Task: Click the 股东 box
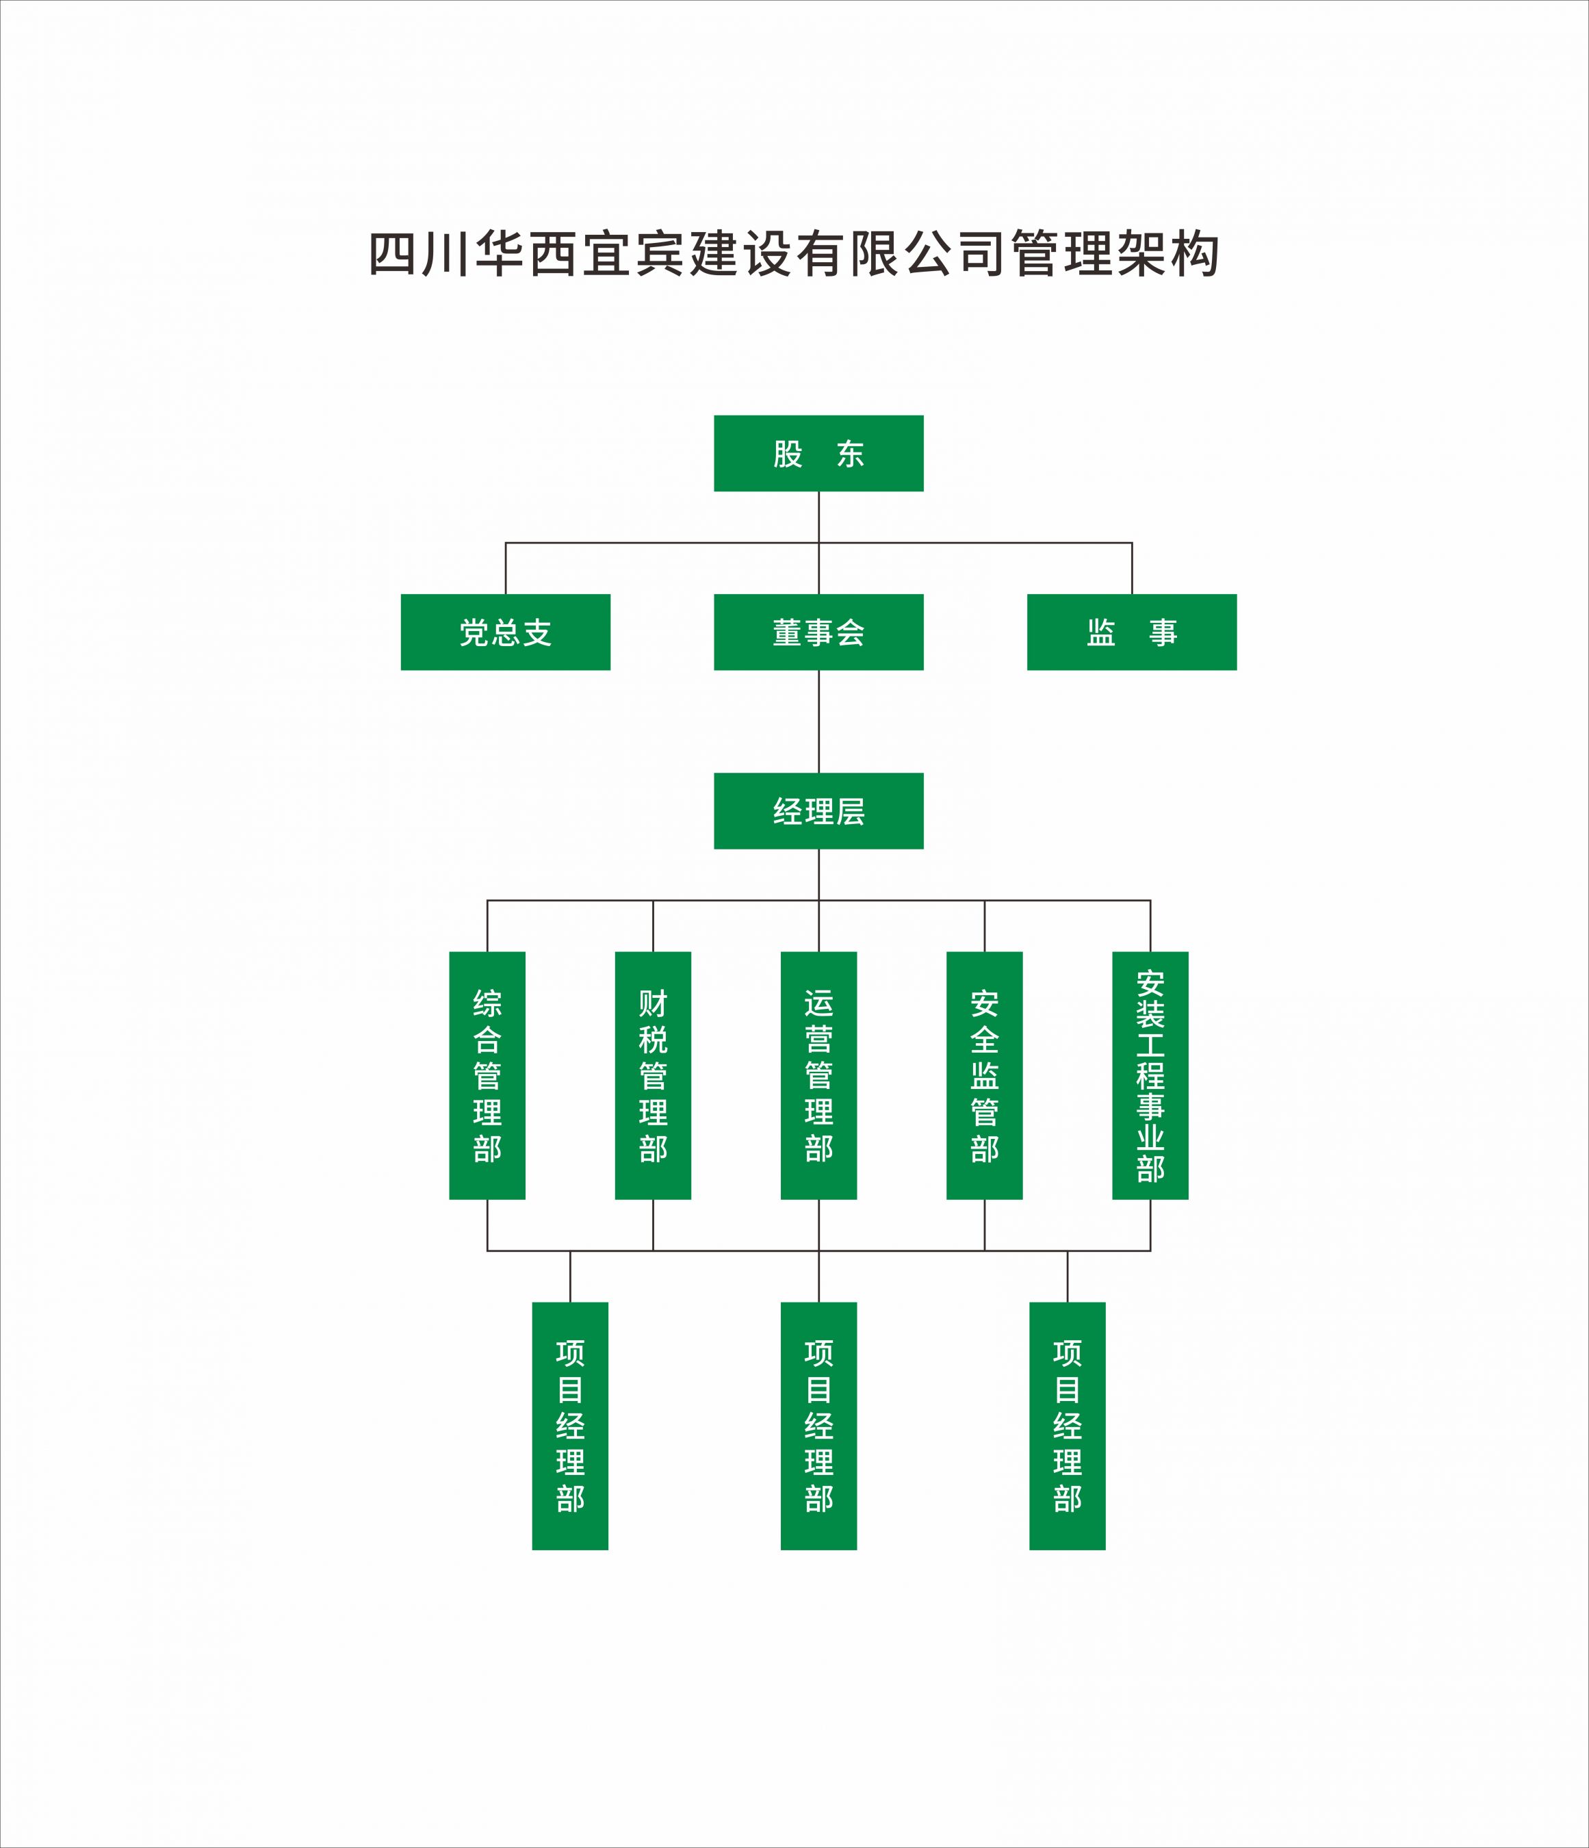(818, 453)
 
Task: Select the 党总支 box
(506, 632)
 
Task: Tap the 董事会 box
(818, 632)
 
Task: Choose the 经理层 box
(818, 811)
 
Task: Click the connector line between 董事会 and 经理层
(818, 721)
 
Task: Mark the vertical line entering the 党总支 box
(506, 568)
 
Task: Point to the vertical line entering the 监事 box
(1133, 568)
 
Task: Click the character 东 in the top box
(850, 454)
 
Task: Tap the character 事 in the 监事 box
(1163, 633)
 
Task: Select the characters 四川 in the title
(420, 254)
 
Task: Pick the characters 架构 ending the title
(1168, 254)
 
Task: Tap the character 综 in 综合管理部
(487, 1003)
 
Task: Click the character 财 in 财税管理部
(653, 1003)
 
